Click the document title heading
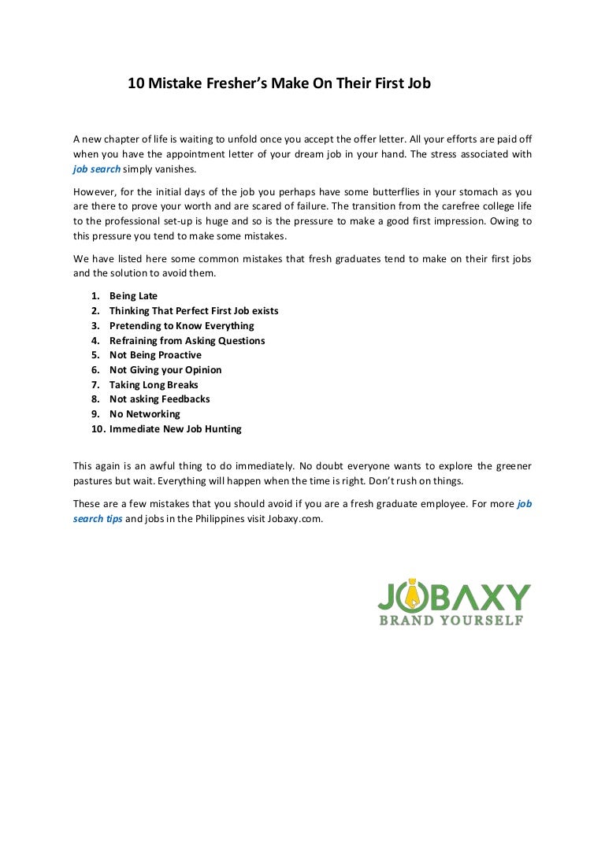click(x=279, y=83)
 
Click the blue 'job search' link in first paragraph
click(x=97, y=169)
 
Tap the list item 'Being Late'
click(x=133, y=296)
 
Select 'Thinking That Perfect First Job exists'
click(x=194, y=311)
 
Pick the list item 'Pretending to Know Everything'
click(x=181, y=326)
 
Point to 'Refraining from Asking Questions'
click(x=187, y=341)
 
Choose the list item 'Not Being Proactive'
click(x=155, y=355)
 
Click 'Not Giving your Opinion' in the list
click(x=165, y=370)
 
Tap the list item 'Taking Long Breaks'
click(x=154, y=385)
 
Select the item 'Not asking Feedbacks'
click(x=159, y=399)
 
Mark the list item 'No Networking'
click(x=144, y=414)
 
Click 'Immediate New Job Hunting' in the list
click(x=175, y=429)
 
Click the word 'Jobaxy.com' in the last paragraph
click(x=296, y=520)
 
